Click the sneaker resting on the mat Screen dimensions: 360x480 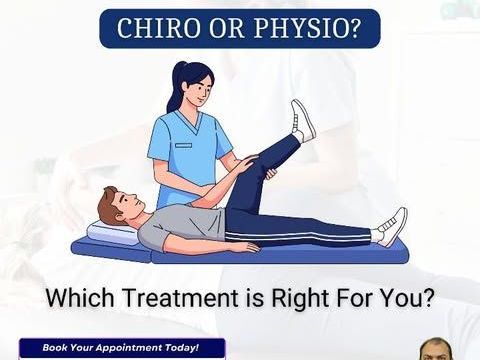click(x=392, y=226)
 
